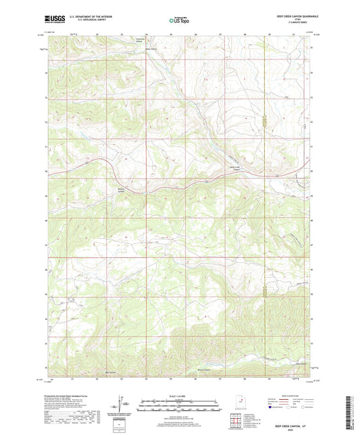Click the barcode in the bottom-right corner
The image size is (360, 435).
[348, 412]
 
